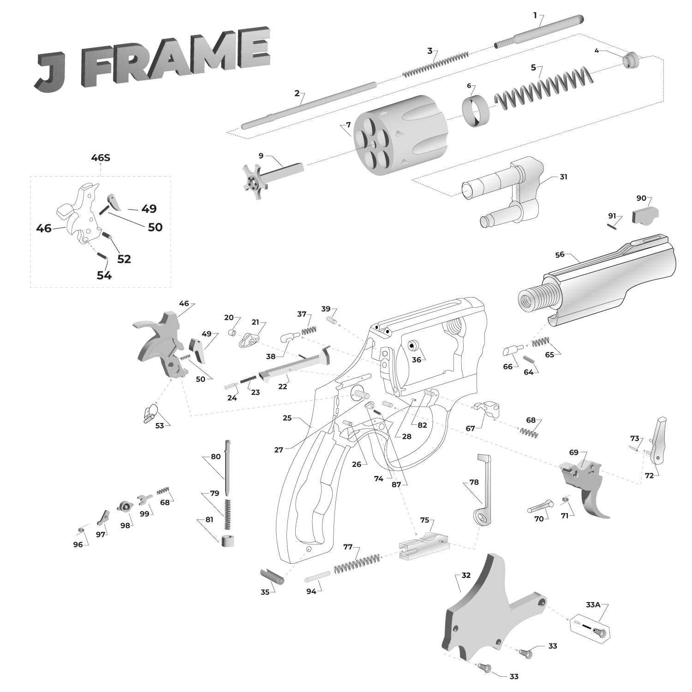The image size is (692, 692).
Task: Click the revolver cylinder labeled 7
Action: coord(401,134)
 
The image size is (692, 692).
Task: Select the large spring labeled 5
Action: coord(544,88)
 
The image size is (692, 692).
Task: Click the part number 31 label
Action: coord(563,177)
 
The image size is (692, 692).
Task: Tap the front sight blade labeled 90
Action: coord(645,215)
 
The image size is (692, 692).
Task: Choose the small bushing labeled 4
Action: coord(630,60)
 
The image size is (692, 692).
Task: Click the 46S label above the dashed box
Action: coord(101,158)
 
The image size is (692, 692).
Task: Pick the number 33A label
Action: coord(593,604)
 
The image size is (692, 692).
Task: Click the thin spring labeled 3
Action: coord(436,65)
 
